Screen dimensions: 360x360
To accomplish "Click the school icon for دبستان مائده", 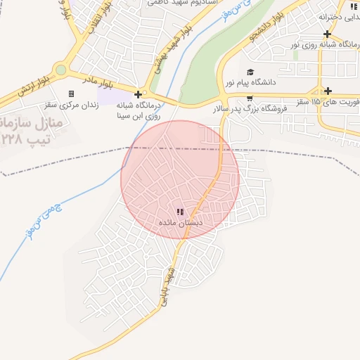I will (181, 212).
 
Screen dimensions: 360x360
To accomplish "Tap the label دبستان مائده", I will (181, 222).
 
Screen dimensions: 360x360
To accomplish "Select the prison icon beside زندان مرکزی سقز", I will (71, 94).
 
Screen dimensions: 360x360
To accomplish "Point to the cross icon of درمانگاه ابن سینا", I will (138, 94).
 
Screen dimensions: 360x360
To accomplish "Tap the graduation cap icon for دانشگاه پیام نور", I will (250, 72).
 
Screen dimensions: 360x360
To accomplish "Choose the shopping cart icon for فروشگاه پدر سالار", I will (250, 98).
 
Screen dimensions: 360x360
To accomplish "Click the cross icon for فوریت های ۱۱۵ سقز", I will (328, 91).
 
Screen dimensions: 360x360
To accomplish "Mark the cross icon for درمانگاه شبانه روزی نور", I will (328, 34).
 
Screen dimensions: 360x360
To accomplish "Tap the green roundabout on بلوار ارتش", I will (60, 70).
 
